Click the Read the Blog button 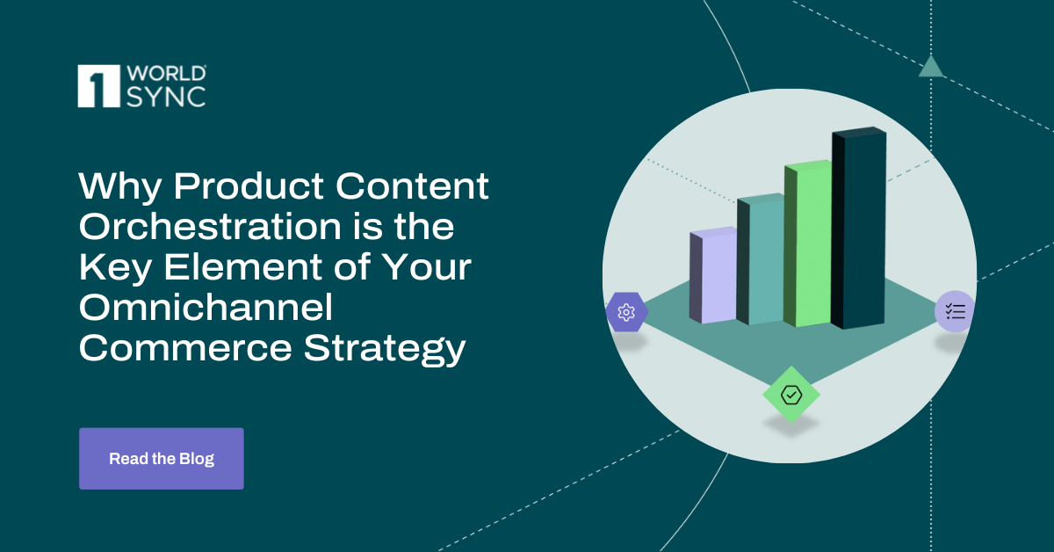coord(161,458)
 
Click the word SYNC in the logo coord(164,97)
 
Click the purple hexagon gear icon coord(626,312)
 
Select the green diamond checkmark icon coord(790,396)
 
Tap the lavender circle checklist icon coord(955,310)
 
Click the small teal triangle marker coord(931,66)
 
